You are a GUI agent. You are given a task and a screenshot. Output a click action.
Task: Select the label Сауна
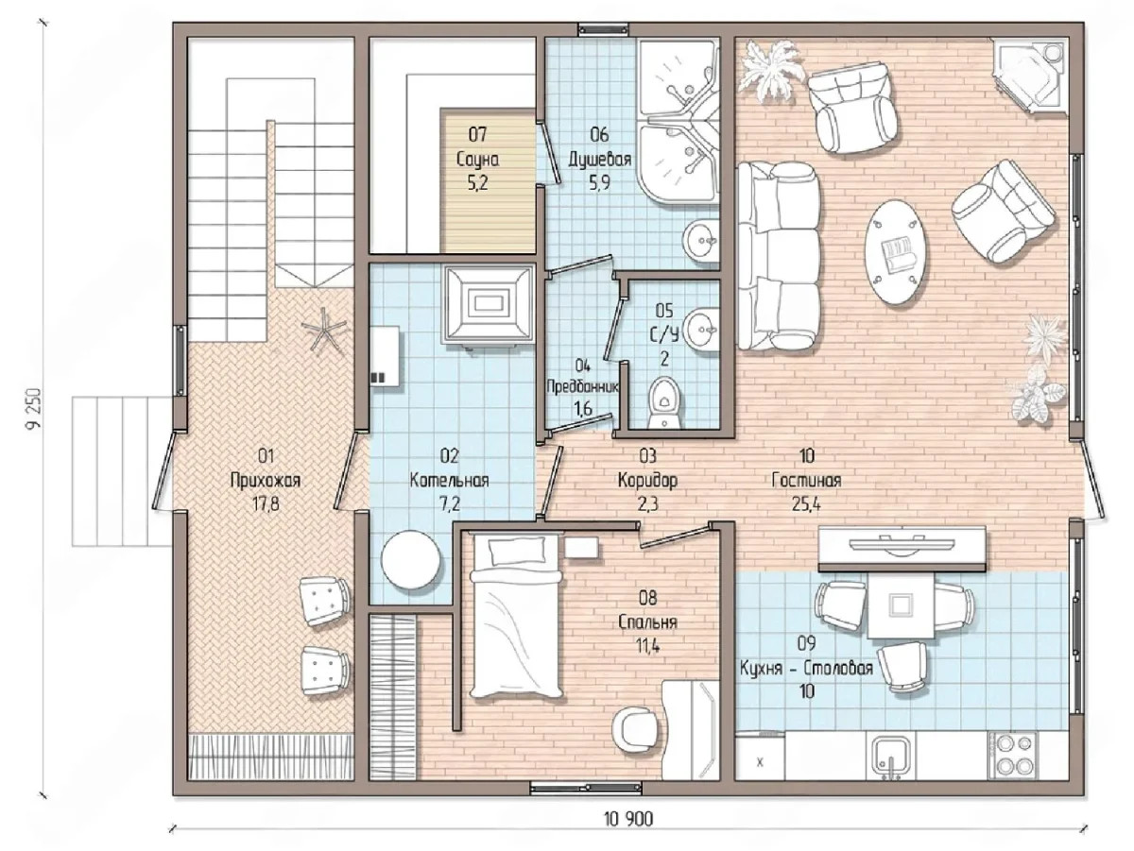[x=478, y=160]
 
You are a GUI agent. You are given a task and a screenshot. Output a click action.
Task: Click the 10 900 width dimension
[x=628, y=820]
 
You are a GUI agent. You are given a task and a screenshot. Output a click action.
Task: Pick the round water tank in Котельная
[x=411, y=560]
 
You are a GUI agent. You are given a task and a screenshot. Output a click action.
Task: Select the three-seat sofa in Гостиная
[x=779, y=257]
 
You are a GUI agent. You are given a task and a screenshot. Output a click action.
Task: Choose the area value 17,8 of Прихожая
[x=266, y=503]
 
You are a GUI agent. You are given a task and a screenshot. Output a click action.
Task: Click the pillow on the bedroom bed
[x=518, y=551]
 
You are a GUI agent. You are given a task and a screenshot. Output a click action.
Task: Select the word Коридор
[x=648, y=480]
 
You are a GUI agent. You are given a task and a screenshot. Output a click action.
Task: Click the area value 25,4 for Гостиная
[x=806, y=503]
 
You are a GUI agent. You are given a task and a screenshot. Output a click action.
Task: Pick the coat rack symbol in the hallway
[x=324, y=332]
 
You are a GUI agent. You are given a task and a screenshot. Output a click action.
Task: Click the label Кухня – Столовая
[x=806, y=668]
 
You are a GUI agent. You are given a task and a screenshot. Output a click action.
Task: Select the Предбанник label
[x=583, y=386]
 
